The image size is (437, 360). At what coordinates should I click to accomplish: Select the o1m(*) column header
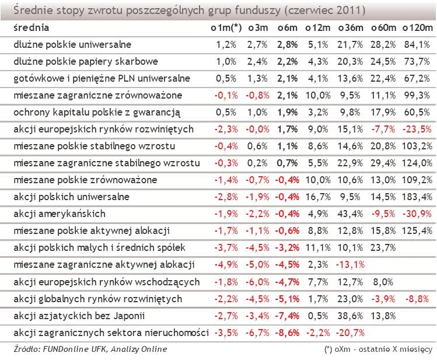pyautogui.click(x=226, y=27)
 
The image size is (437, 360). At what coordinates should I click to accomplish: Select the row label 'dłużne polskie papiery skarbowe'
pyautogui.click(x=85, y=61)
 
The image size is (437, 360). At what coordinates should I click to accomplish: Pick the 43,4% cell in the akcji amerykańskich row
pyautogui.click(x=352, y=214)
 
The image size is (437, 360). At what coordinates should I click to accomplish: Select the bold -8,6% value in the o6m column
pyautogui.click(x=288, y=333)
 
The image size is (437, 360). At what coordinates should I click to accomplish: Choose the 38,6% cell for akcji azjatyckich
pyautogui.click(x=352, y=316)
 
